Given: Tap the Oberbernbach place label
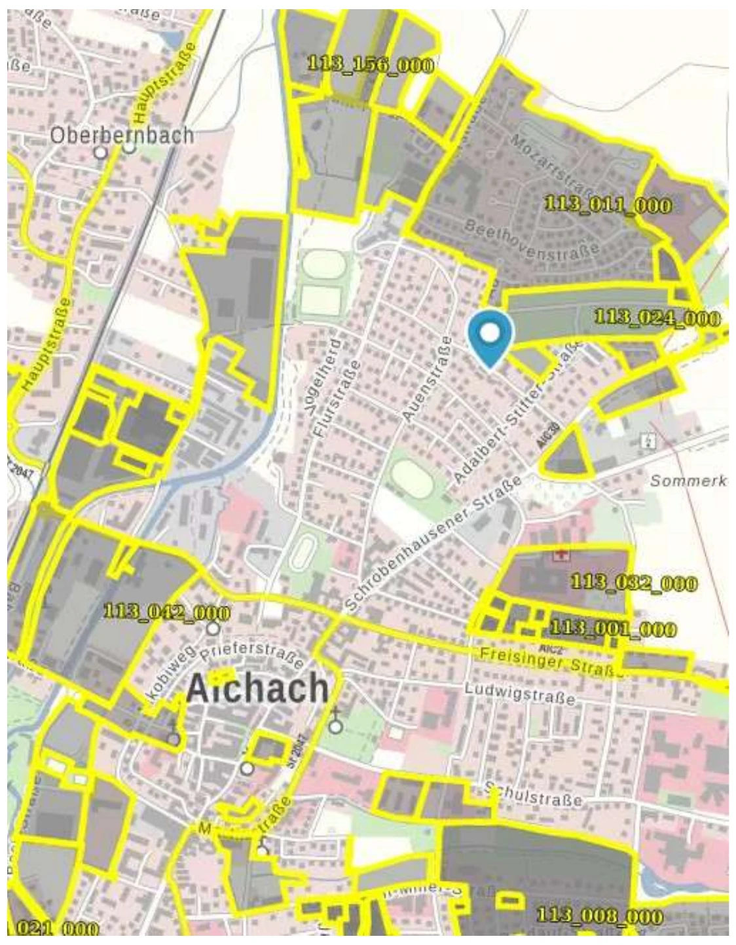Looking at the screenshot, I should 122,135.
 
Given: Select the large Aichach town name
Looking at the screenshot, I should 257,688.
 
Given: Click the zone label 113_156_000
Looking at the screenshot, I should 370,64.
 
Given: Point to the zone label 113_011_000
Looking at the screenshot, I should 608,204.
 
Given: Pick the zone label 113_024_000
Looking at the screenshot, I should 657,318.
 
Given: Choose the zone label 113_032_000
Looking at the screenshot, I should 634,582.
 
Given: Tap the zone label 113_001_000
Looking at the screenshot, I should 612,629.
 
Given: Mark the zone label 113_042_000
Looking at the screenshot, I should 167,613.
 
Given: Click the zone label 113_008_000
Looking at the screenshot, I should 599,916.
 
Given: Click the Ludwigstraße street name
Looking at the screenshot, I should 520,694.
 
